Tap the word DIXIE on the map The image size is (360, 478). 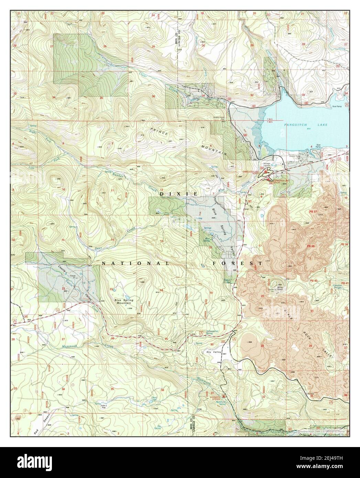178,194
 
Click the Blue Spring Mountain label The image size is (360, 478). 124,302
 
